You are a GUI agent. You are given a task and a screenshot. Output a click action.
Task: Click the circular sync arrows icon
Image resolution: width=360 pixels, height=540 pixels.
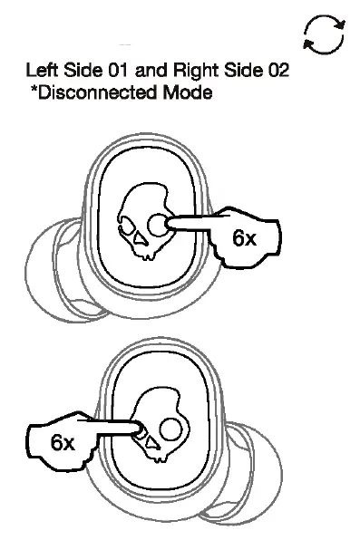(x=325, y=37)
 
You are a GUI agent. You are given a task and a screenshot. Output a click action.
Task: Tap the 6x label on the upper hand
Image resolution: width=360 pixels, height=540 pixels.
(x=244, y=238)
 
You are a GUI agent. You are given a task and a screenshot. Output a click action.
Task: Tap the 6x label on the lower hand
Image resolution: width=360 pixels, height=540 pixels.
(x=63, y=442)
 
